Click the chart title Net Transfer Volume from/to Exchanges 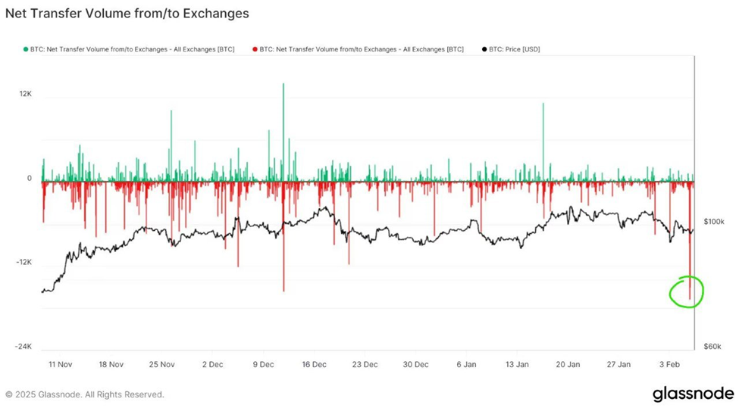tap(127, 14)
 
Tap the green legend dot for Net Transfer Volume tap(26, 49)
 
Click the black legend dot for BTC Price tap(484, 49)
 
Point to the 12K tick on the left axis tap(25, 94)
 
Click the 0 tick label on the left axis tap(30, 179)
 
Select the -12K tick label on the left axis tap(23, 262)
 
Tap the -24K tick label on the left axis tap(23, 347)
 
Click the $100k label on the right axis tap(715, 222)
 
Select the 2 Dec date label tap(213, 364)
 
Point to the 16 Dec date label tap(315, 364)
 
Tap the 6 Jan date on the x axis tap(467, 364)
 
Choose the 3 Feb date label tap(669, 364)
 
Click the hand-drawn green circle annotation tap(687, 291)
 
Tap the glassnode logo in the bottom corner tap(693, 394)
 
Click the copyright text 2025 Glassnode tap(84, 394)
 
